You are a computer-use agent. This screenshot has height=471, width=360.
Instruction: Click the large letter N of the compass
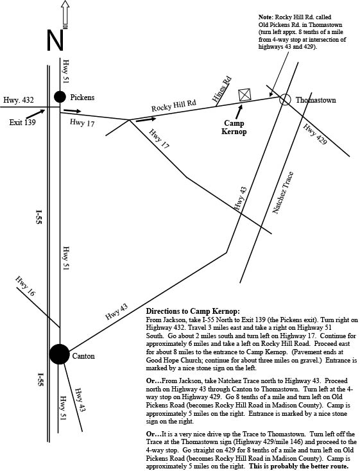pyautogui.click(x=55, y=40)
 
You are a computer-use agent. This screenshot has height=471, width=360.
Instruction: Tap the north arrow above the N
pyautogui.click(x=65, y=14)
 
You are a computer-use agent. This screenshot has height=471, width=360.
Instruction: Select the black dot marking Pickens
pyautogui.click(x=60, y=97)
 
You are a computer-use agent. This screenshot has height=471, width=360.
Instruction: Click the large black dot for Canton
pyautogui.click(x=59, y=354)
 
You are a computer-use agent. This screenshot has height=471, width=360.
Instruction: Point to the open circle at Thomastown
pyautogui.click(x=285, y=99)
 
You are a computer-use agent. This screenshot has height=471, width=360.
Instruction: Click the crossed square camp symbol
pyautogui.click(x=244, y=94)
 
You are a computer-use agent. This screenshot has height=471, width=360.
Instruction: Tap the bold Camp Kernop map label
pyautogui.click(x=234, y=127)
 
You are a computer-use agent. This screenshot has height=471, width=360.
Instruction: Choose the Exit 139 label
pyautogui.click(x=22, y=123)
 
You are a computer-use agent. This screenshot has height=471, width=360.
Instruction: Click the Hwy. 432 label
pyautogui.click(x=19, y=99)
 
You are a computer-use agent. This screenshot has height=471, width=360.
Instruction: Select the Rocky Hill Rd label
pyautogui.click(x=174, y=105)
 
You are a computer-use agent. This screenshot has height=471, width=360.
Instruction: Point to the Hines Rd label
pyautogui.click(x=222, y=89)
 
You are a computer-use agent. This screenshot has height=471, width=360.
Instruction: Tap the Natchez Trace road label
pyautogui.click(x=282, y=193)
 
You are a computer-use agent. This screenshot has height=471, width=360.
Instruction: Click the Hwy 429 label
pyautogui.click(x=314, y=134)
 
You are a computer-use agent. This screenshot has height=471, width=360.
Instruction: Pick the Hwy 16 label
pyautogui.click(x=25, y=286)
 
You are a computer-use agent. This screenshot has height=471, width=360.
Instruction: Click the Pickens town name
pyautogui.click(x=82, y=98)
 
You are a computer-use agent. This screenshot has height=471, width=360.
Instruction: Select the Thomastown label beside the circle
pyautogui.click(x=316, y=100)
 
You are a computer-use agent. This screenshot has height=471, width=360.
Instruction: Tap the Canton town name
pyautogui.click(x=83, y=356)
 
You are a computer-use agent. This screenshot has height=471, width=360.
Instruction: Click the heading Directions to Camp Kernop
pyautogui.click(x=193, y=311)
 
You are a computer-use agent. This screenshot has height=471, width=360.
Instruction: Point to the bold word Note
pyautogui.click(x=265, y=17)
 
